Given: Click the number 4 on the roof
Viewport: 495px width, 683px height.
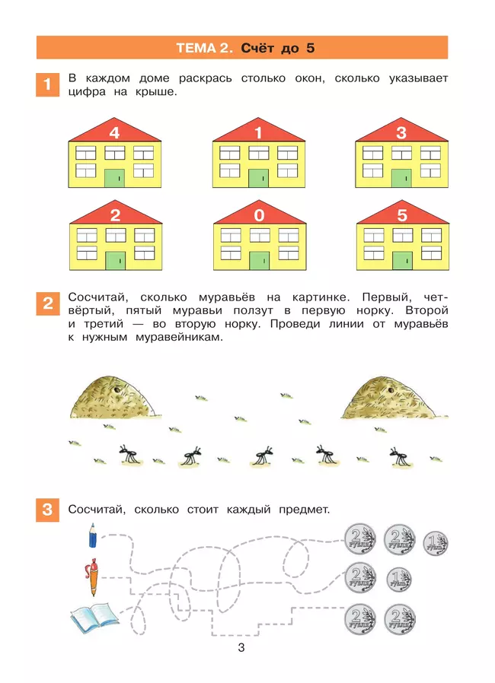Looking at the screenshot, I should click(114, 133).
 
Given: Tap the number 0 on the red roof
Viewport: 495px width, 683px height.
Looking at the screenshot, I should click(258, 215).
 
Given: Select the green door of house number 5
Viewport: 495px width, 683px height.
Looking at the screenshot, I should click(401, 260).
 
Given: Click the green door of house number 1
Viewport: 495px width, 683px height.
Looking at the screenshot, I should click(258, 178).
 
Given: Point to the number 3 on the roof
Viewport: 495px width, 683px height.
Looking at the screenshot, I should click(401, 133).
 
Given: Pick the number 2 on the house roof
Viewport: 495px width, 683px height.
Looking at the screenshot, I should click(114, 215).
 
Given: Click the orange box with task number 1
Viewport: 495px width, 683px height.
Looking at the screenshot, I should click(47, 85).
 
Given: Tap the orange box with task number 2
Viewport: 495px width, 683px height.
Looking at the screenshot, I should click(47, 304).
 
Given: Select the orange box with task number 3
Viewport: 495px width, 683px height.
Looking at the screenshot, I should click(47, 510).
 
